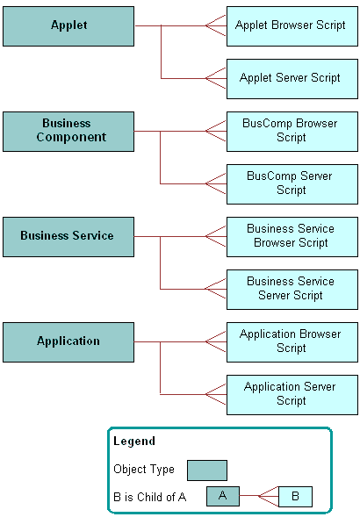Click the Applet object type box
(x=68, y=25)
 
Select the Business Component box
(x=68, y=131)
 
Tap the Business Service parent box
(x=68, y=236)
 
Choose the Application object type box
(x=68, y=341)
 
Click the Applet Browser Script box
(x=292, y=25)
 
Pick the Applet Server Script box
(x=292, y=78)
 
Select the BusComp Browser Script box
(x=292, y=131)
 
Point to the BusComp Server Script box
(x=292, y=183)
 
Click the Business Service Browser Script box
(x=292, y=236)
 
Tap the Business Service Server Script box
(x=292, y=289)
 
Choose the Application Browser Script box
(x=292, y=341)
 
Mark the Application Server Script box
(x=292, y=394)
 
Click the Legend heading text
(x=134, y=442)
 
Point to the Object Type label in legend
(x=144, y=470)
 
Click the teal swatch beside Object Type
(x=206, y=470)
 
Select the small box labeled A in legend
(x=223, y=497)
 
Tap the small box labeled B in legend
(x=295, y=497)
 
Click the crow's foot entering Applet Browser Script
(x=216, y=25)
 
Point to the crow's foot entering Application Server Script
(x=216, y=394)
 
